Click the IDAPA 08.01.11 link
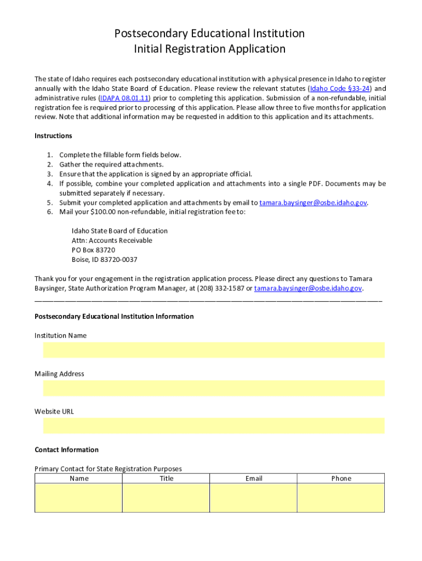click(125, 98)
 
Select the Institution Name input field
click(214, 350)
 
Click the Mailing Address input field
click(214, 388)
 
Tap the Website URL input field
click(214, 426)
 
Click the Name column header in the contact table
click(79, 478)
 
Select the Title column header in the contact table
click(166, 478)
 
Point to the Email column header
click(253, 478)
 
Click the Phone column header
click(341, 478)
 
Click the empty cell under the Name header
click(79, 498)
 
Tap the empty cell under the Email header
click(253, 498)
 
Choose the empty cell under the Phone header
click(341, 498)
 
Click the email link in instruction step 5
click(313, 203)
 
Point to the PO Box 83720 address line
click(93, 250)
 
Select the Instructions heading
click(53, 136)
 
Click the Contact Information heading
click(66, 450)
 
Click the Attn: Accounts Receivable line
click(112, 241)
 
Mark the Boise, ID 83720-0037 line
click(104, 260)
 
